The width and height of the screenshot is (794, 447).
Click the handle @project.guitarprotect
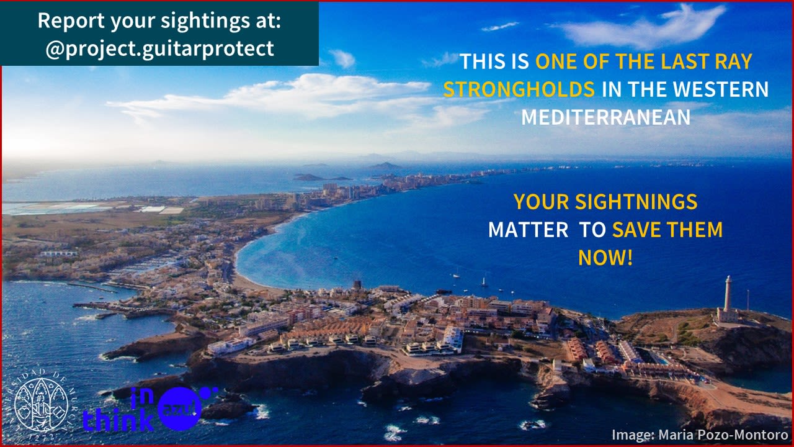pos(160,49)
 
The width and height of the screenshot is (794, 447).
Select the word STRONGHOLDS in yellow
pos(519,89)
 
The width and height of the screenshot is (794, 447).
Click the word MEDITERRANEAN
pos(606,117)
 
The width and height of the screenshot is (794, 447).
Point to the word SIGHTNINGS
pos(636,202)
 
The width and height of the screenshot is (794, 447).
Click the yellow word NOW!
pos(605,258)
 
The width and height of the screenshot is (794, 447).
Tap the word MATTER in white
pos(529,230)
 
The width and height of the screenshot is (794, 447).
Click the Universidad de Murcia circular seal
pos(42,404)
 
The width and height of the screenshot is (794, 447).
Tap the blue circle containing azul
pos(179,409)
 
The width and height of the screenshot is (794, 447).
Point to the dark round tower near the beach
pos(357,285)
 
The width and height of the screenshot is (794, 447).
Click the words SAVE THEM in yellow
pos(667,230)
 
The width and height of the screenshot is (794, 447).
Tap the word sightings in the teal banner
pos(205,21)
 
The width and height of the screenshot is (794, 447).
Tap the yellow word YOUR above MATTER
pos(542,202)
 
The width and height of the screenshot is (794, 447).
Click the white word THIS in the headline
pos(483,61)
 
